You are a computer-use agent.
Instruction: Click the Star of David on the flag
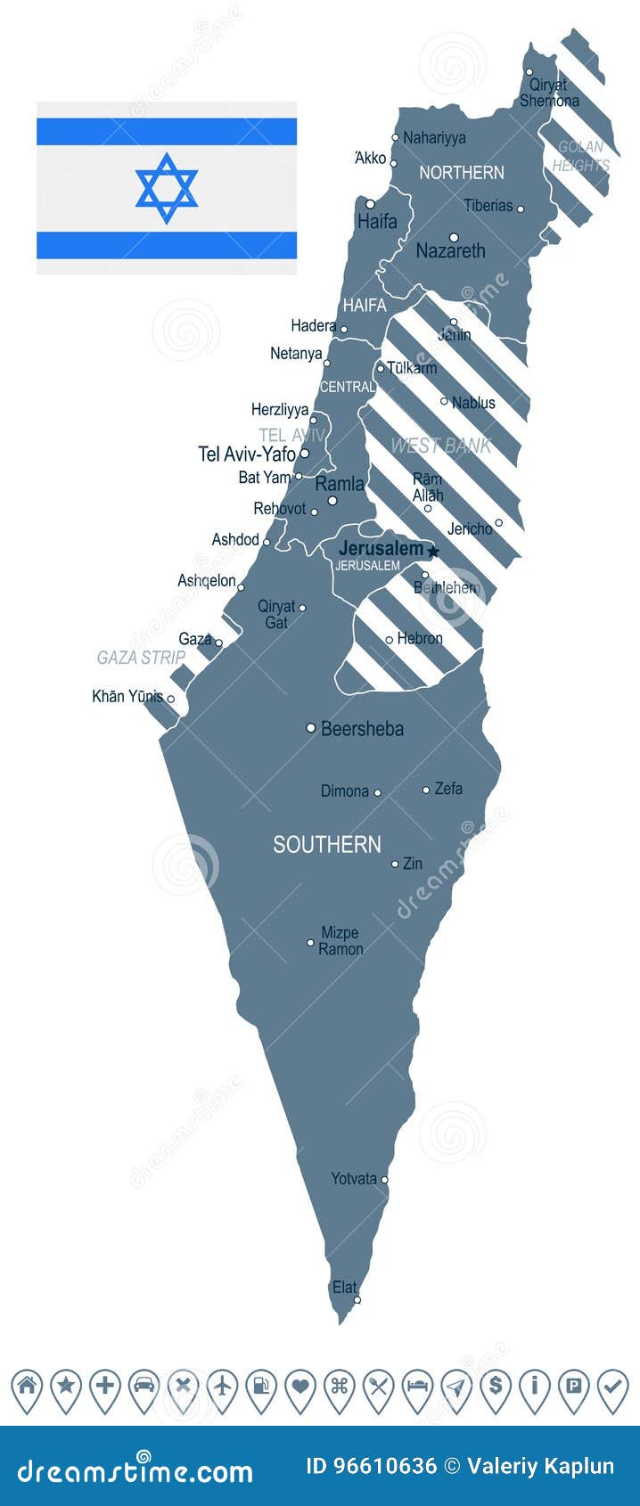pyautogui.click(x=167, y=188)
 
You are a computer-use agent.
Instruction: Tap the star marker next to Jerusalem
pyautogui.click(x=433, y=552)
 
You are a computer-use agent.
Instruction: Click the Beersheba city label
pyautogui.click(x=362, y=729)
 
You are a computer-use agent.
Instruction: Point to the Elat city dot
pyautogui.click(x=357, y=1300)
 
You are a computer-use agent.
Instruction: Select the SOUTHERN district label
pyautogui.click(x=326, y=845)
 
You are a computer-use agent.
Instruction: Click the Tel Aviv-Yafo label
pyautogui.click(x=247, y=454)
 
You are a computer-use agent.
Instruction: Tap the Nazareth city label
pyautogui.click(x=450, y=251)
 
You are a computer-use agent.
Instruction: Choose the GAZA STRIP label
pyautogui.click(x=141, y=658)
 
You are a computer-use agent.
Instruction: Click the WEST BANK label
pyautogui.click(x=440, y=446)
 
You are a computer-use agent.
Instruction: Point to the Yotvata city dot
pyautogui.click(x=384, y=1180)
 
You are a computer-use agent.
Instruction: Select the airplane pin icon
pyautogui.click(x=222, y=1387)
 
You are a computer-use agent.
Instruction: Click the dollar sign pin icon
pyautogui.click(x=495, y=1387)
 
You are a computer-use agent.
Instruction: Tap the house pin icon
pyautogui.click(x=27, y=1387)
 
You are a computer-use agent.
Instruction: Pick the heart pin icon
pyautogui.click(x=300, y=1387)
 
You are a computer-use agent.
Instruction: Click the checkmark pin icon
pyautogui.click(x=612, y=1387)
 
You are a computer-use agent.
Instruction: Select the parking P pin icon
pyautogui.click(x=573, y=1387)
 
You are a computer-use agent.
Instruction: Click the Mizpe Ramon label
pyautogui.click(x=341, y=941)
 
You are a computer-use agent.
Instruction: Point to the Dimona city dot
pyautogui.click(x=377, y=792)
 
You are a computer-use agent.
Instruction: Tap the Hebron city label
pyautogui.click(x=420, y=639)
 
